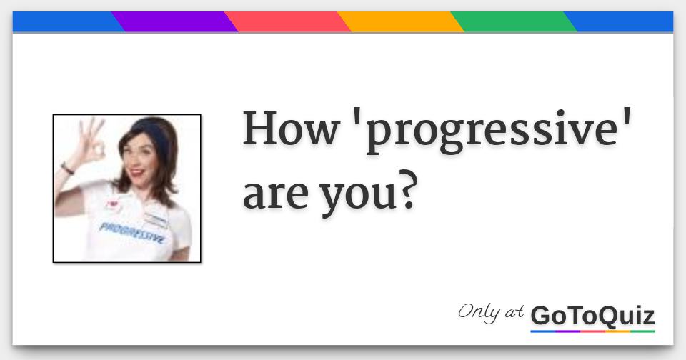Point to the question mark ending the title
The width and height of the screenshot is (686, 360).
(x=406, y=191)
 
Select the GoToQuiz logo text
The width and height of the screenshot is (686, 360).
(x=592, y=315)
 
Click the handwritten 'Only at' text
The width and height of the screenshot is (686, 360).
(x=490, y=312)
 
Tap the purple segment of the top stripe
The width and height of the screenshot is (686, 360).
(x=175, y=22)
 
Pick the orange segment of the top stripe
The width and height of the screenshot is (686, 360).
(x=401, y=22)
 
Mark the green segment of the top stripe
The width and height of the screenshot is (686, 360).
(x=514, y=22)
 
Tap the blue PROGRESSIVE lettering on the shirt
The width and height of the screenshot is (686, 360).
(x=132, y=232)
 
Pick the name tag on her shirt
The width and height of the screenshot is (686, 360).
(x=155, y=219)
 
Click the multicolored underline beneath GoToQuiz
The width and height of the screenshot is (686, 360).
(x=592, y=331)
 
